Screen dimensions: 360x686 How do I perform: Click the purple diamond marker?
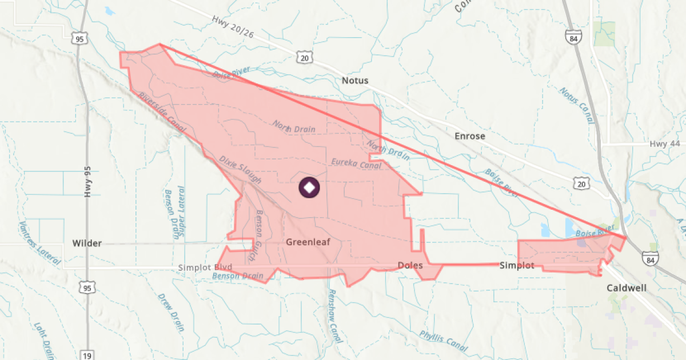(x=309, y=188)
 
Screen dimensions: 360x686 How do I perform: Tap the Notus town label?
(x=355, y=81)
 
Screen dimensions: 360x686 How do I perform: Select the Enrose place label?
(x=469, y=136)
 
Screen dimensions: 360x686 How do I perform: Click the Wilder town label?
(x=87, y=243)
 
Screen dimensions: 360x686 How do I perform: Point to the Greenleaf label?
(x=308, y=242)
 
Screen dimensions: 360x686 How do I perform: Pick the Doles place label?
(x=410, y=266)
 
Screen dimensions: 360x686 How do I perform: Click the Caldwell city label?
(x=627, y=288)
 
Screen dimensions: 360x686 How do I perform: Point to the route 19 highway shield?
(x=87, y=355)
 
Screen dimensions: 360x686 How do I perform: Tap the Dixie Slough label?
(x=240, y=170)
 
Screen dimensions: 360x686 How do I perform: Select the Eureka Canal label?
(x=356, y=163)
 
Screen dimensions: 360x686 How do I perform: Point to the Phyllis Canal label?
(x=444, y=341)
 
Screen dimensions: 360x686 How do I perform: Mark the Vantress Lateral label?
(x=39, y=243)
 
